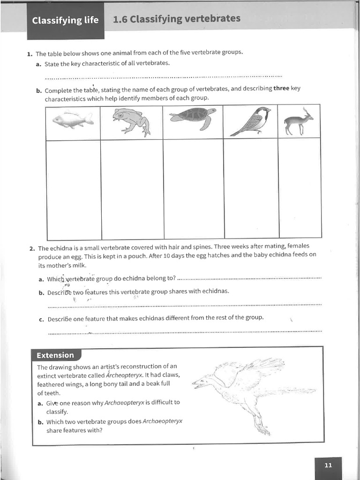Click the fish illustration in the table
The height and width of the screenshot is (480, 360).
73,120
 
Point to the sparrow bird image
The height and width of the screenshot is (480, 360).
251,121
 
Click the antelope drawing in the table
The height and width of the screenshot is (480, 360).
299,121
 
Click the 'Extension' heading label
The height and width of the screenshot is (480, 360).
55,355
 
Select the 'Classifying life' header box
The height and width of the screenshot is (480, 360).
65,20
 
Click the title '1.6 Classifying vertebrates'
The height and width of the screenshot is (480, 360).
177,19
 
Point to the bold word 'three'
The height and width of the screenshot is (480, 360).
281,89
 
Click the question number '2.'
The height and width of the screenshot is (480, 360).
32,248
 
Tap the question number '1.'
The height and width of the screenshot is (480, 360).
30,53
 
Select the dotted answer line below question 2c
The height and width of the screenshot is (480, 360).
185,332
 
